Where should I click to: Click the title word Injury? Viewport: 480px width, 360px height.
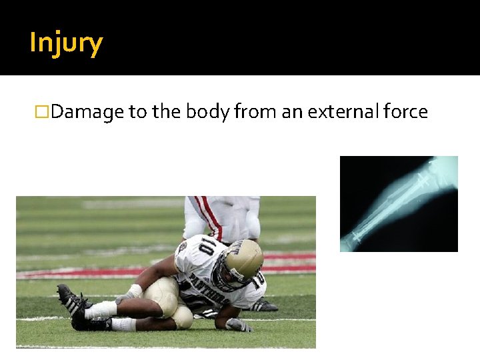click(x=66, y=43)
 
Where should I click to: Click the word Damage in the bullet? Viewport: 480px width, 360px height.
click(x=87, y=112)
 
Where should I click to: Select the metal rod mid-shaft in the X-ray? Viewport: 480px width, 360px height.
click(x=393, y=203)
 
